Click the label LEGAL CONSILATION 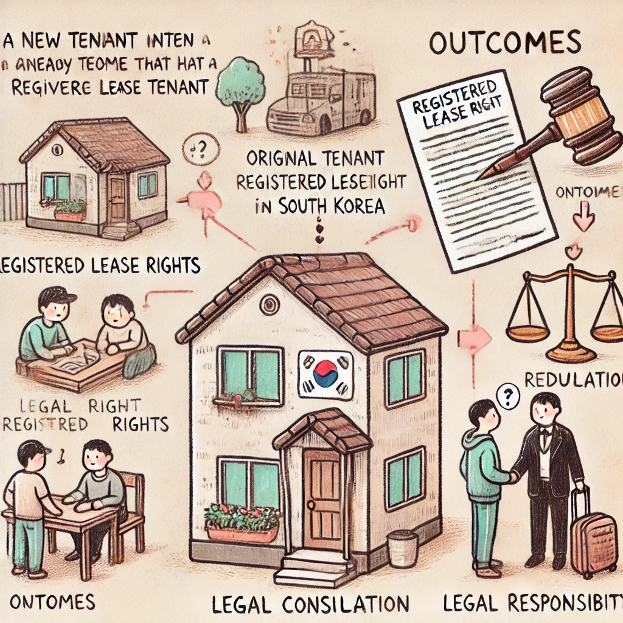tap(310, 604)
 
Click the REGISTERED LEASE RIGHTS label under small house tap(100, 265)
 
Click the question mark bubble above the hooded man tap(504, 397)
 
